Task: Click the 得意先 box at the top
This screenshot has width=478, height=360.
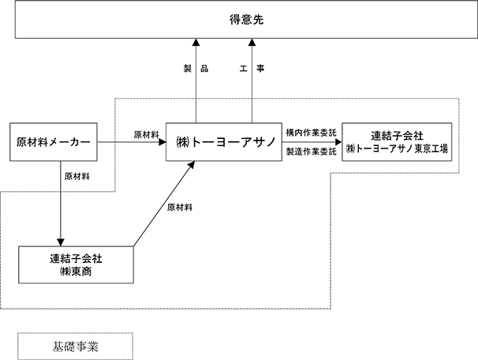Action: click(x=246, y=19)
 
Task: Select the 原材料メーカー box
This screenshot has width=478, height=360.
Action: click(x=54, y=142)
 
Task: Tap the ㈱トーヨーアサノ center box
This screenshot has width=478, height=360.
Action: click(x=224, y=142)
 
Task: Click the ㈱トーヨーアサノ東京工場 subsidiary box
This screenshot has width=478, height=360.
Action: click(x=397, y=142)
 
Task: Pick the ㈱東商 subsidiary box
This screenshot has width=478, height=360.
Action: click(x=76, y=264)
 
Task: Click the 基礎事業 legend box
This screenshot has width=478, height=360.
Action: click(x=75, y=347)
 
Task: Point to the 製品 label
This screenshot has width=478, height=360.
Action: click(x=196, y=69)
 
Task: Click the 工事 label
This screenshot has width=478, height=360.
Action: click(x=252, y=69)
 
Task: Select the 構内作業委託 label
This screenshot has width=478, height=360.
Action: click(x=312, y=133)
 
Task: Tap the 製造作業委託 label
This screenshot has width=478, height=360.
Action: click(x=312, y=152)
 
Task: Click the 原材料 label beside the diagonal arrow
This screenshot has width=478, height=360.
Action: click(x=180, y=208)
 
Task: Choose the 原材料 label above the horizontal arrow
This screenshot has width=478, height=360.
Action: click(x=147, y=134)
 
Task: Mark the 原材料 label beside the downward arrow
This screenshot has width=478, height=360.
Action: click(x=77, y=176)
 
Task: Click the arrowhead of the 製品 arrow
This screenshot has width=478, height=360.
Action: click(x=196, y=42)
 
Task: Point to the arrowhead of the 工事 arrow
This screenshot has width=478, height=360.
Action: click(x=252, y=42)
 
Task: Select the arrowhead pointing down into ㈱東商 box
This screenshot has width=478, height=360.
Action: click(x=61, y=242)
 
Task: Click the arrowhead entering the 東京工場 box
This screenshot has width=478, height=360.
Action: click(x=338, y=142)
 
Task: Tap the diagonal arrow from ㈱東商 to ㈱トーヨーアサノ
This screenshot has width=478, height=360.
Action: click(x=164, y=204)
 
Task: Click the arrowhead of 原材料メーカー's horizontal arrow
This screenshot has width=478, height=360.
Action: click(x=162, y=142)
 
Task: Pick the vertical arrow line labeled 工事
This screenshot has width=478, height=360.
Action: click(x=252, y=81)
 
